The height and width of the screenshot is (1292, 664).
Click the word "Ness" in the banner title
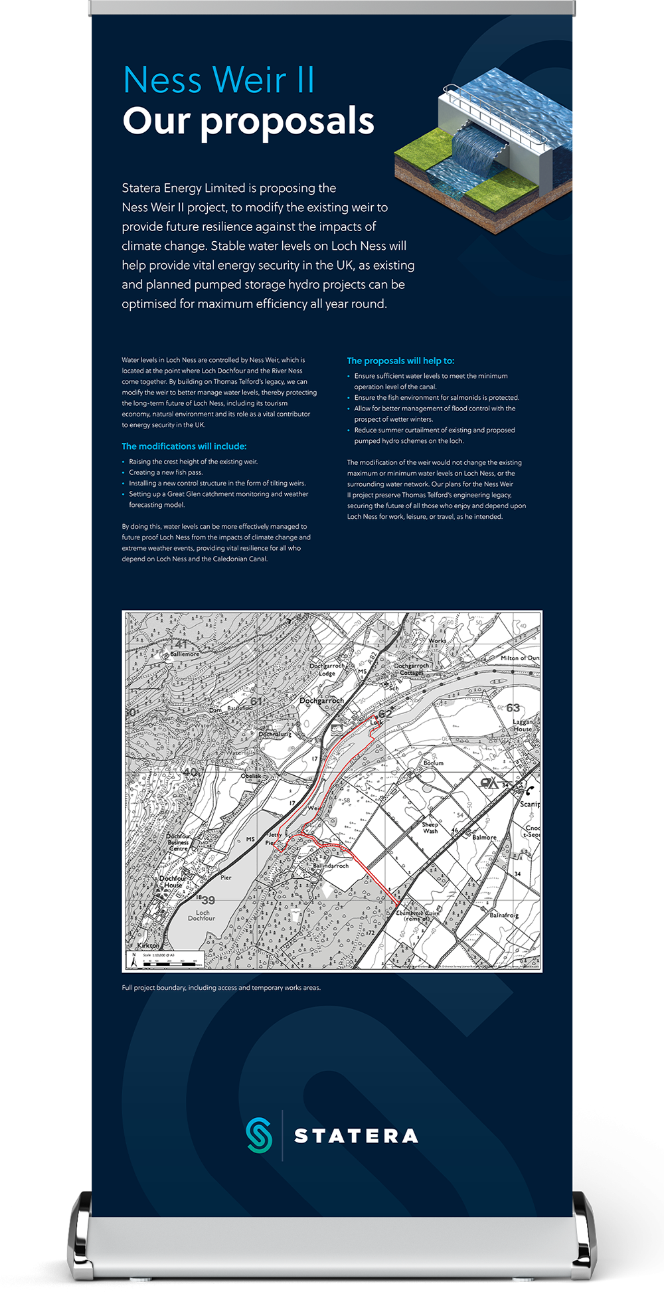click(x=163, y=80)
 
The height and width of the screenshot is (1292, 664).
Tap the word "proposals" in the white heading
click(x=287, y=122)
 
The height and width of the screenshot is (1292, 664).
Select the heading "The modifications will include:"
click(x=184, y=446)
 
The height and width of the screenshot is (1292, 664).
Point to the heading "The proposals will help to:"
click(x=400, y=361)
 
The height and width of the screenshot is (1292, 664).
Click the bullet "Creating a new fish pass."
click(x=165, y=472)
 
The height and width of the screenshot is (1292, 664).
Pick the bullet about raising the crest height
click(x=193, y=462)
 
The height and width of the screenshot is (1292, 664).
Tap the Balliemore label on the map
click(x=185, y=654)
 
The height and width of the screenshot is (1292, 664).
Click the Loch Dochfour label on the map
click(x=201, y=915)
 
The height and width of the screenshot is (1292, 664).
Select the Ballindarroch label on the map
click(x=331, y=866)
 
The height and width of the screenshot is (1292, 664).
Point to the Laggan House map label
click(x=523, y=725)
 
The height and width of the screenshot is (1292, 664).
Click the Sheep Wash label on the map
click(x=430, y=828)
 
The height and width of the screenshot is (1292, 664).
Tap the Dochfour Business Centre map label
click(x=178, y=842)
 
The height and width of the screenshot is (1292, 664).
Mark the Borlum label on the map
click(x=434, y=763)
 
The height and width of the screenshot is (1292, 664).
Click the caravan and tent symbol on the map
click(x=489, y=784)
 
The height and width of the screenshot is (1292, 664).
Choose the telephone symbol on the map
click(x=529, y=790)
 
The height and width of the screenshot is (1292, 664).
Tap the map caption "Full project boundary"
click(x=221, y=988)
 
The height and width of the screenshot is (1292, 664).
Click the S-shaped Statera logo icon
click(x=259, y=1135)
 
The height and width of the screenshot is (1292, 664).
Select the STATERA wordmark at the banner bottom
click(x=356, y=1136)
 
